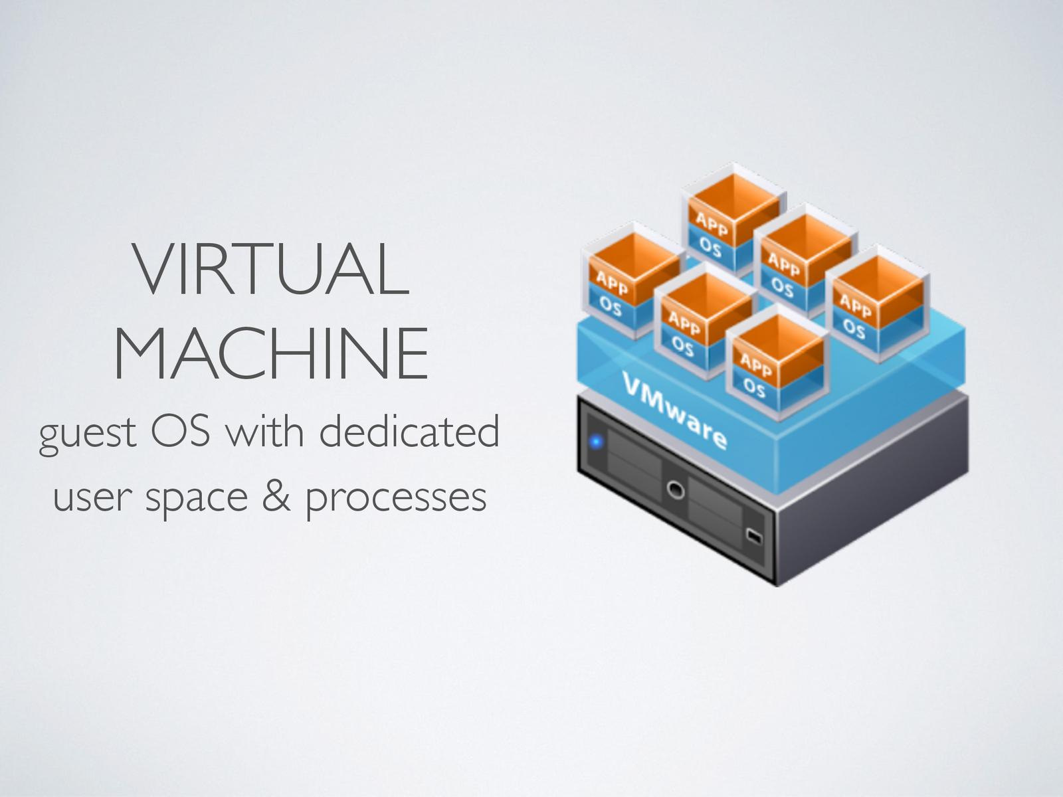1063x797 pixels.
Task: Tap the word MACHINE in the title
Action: pos(272,353)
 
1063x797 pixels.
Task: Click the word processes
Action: pos(397,497)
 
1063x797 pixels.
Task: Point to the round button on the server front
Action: pos(675,490)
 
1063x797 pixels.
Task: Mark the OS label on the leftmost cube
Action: pos(610,306)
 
